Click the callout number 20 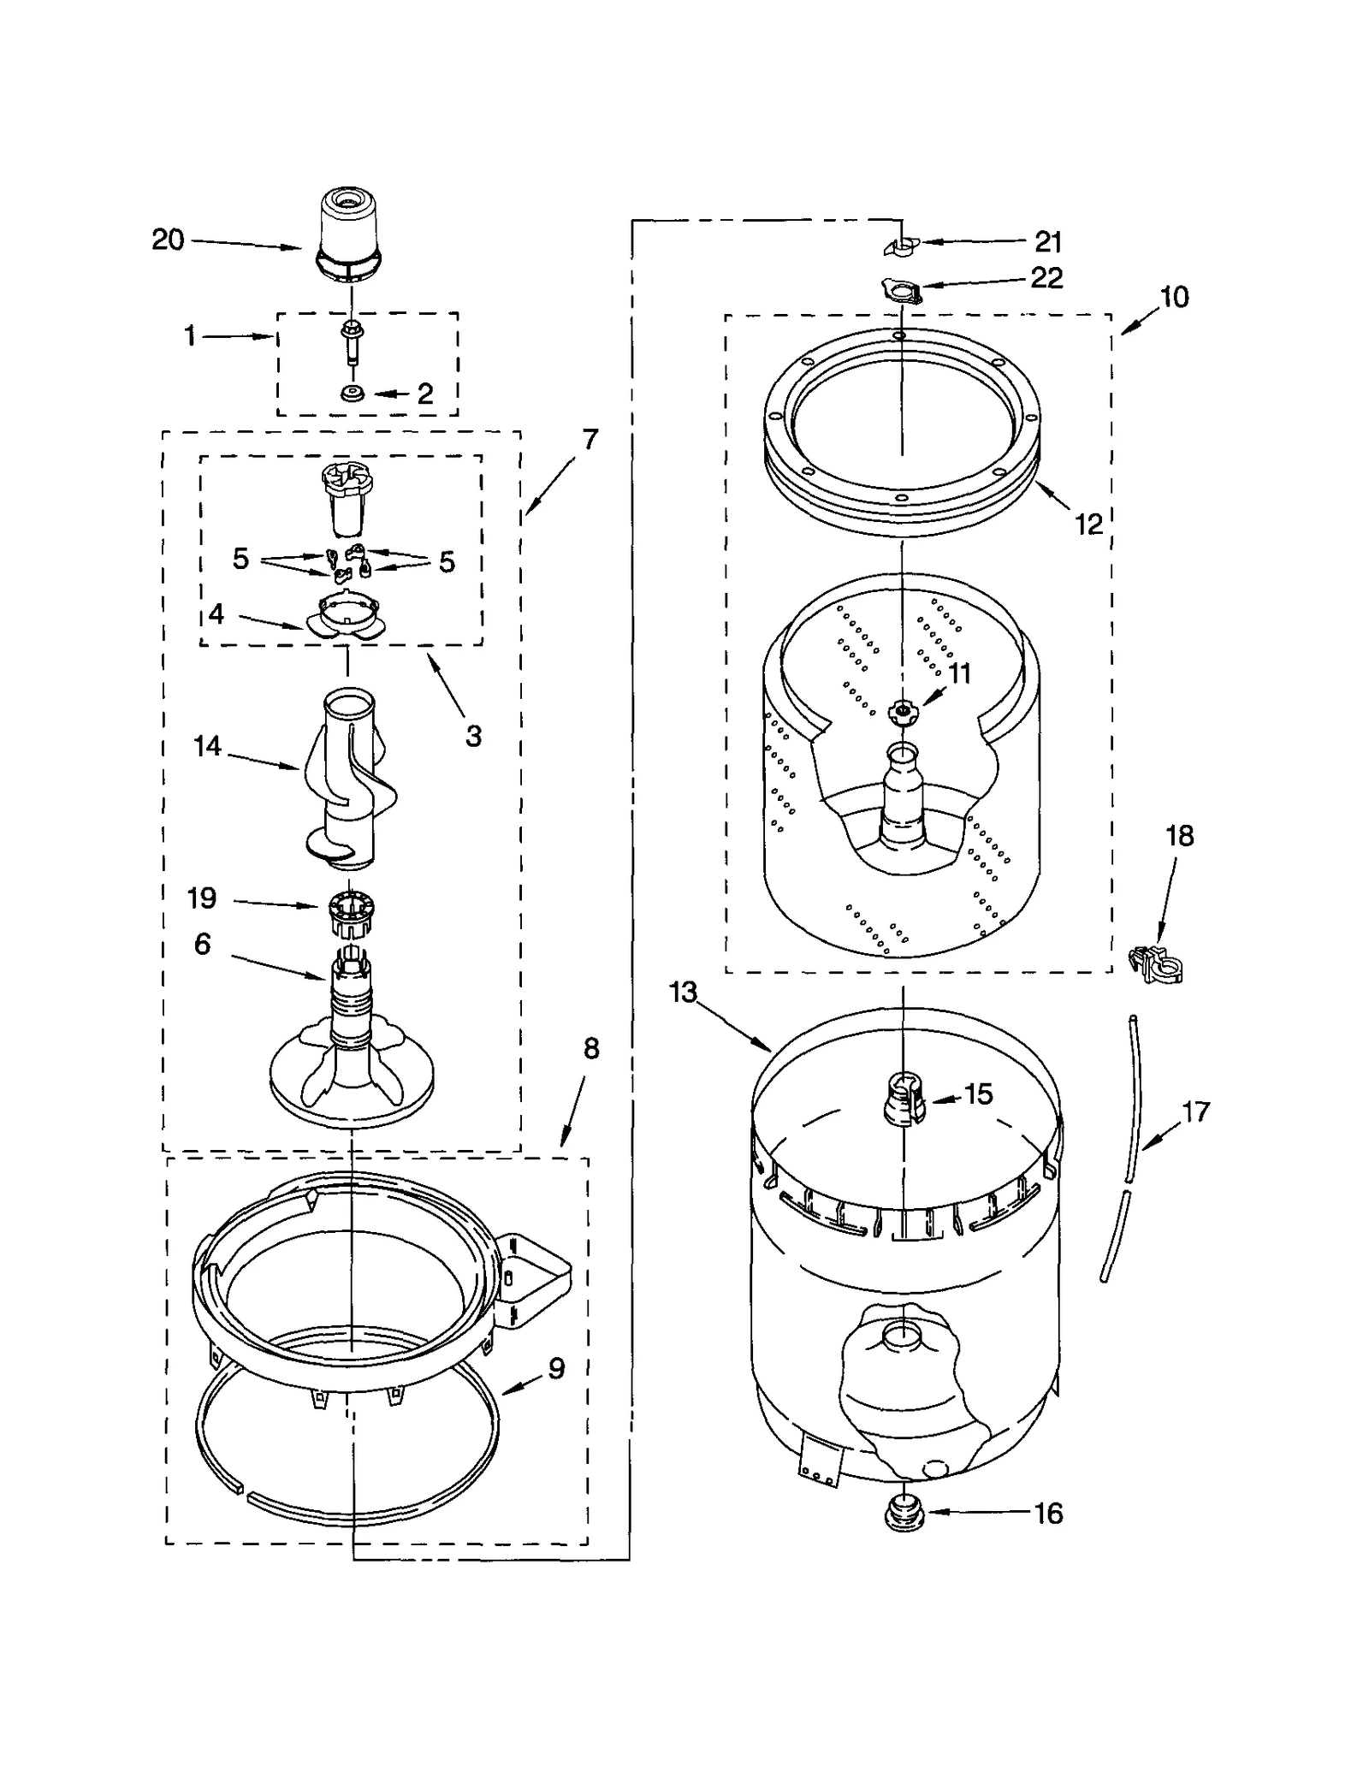click(x=168, y=240)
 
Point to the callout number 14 click(x=207, y=746)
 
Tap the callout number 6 click(x=202, y=944)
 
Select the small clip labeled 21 click(x=898, y=246)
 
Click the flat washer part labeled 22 click(x=900, y=292)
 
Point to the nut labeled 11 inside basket click(x=902, y=709)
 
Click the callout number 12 click(x=1088, y=524)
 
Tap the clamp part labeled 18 click(x=1158, y=964)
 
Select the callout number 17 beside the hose click(x=1195, y=1111)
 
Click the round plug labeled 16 click(x=904, y=1514)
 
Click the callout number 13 click(x=683, y=993)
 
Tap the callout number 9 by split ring click(x=556, y=1368)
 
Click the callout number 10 click(x=1174, y=297)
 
